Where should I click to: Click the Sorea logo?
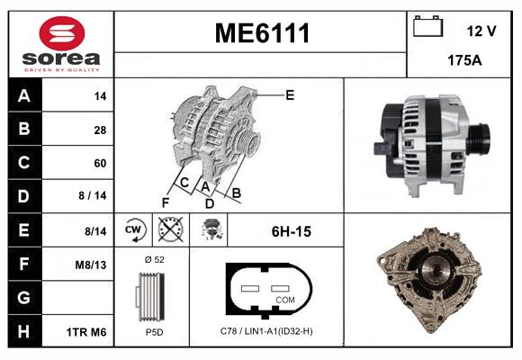60,44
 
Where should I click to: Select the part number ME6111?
261,34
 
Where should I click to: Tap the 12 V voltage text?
481,31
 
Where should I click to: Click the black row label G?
24,298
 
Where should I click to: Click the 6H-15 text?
291,231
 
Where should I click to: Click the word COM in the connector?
285,300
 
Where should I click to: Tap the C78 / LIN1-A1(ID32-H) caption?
265,332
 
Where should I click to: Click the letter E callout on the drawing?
290,94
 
